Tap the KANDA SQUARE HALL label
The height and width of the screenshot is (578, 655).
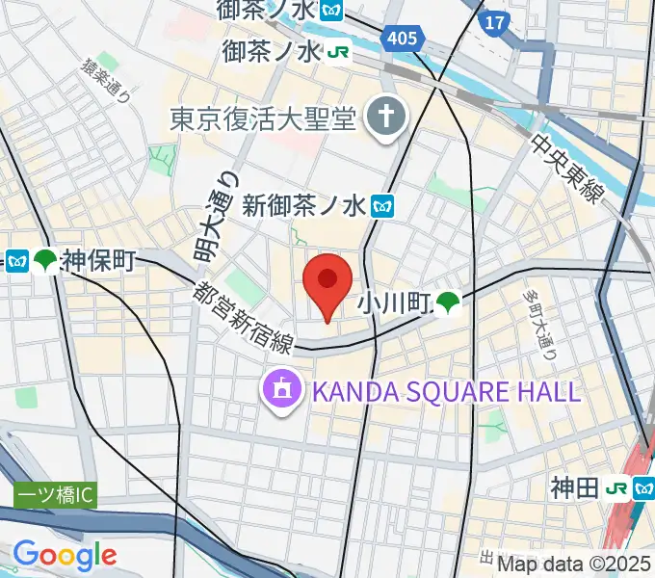point(444,391)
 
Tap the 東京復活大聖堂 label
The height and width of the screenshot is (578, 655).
point(264,118)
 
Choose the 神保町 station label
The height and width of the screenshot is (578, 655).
point(98,259)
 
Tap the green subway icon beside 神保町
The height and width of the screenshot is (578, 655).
point(44,260)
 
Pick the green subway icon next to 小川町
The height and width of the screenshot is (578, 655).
point(446,303)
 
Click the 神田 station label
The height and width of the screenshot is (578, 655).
point(575,489)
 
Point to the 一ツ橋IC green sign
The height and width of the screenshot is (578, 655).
point(55,496)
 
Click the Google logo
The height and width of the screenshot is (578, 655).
point(65,555)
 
